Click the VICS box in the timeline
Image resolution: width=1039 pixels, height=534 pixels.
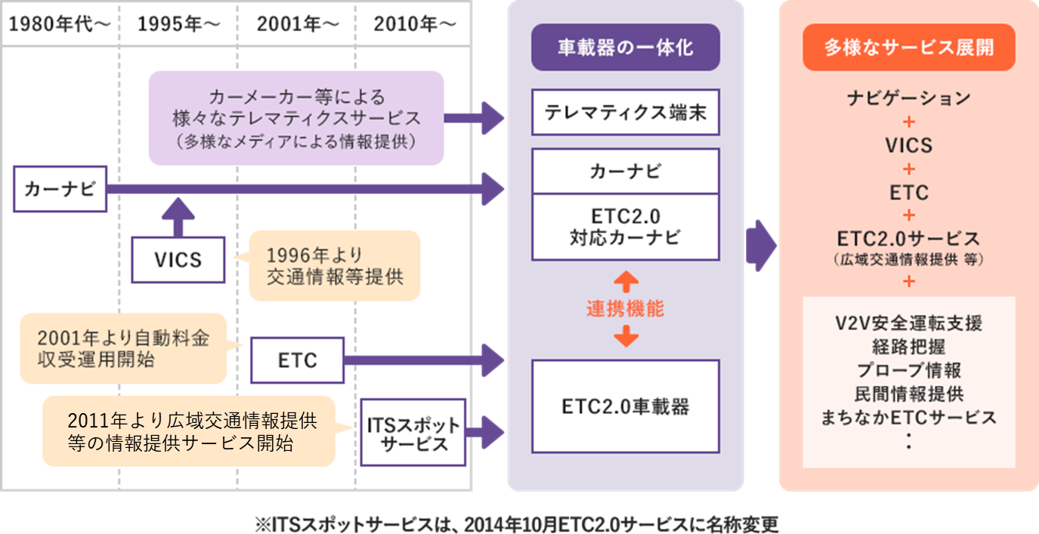[x=178, y=260]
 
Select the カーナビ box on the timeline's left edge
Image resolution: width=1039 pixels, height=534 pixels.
[x=60, y=190]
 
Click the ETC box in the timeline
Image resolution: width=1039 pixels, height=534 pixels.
[x=298, y=360]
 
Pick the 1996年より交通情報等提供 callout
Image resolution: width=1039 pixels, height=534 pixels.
[x=335, y=266]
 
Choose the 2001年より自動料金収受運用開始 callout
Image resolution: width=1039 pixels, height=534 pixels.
[x=123, y=349]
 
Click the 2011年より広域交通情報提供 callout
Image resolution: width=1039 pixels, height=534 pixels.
[x=189, y=431]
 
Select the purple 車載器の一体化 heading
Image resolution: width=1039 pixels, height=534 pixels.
[x=625, y=48]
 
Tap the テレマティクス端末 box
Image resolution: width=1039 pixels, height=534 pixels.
[x=625, y=113]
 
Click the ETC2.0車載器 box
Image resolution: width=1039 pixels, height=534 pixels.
[x=625, y=406]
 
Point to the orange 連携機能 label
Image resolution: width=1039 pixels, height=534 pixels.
[x=625, y=309]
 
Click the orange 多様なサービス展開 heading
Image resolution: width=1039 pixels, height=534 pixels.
[x=908, y=48]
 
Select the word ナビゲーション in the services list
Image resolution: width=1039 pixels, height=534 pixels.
[x=908, y=97]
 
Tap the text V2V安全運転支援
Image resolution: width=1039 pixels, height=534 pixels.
[x=908, y=323]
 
